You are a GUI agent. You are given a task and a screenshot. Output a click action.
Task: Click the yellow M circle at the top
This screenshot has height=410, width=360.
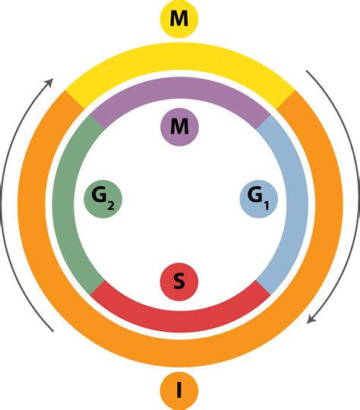coord(179,19)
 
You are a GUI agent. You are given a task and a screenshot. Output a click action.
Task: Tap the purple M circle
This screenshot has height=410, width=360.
coord(179,127)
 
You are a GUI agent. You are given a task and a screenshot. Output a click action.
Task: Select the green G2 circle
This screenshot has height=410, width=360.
coord(103,199)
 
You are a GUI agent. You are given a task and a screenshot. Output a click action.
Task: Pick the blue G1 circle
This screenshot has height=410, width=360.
coord(259,199)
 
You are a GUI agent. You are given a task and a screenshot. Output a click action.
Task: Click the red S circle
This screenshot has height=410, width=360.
coord(179,282)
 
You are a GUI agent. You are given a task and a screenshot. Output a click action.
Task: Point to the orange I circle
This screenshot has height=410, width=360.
coord(179,391)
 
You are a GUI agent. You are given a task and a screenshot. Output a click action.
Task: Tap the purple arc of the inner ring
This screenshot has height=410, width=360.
coord(180,87)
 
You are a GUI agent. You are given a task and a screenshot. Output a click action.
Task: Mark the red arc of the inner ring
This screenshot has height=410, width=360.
coord(180,322)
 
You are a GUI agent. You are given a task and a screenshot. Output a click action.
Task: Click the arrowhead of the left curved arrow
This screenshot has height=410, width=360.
coord(50,81)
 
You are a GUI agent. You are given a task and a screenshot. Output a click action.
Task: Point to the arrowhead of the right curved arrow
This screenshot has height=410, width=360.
coord(311,319)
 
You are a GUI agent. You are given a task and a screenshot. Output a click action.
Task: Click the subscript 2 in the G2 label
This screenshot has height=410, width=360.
coord(111,207)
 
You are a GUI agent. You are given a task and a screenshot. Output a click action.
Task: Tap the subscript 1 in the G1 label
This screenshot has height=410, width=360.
coord(266,206)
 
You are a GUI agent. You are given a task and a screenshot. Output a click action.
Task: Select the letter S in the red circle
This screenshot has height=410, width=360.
coord(179,282)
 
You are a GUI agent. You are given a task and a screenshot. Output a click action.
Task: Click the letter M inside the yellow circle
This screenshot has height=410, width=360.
coord(179,18)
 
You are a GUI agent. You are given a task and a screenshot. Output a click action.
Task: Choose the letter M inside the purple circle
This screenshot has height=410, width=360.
coord(179,126)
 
